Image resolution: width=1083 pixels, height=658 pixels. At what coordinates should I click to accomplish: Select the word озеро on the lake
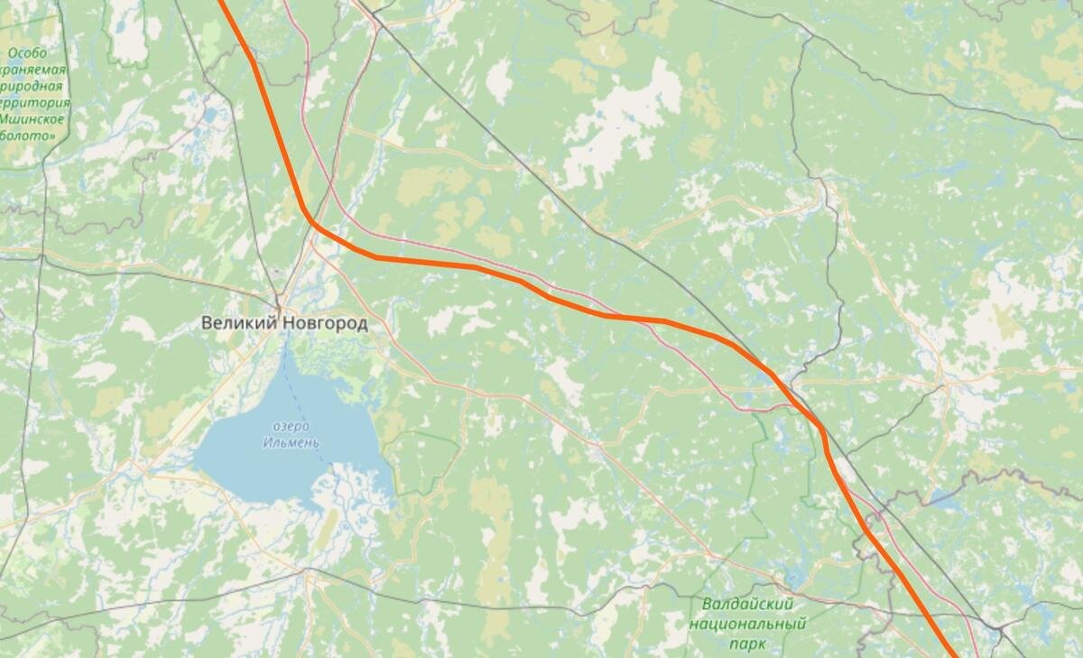point(291,426)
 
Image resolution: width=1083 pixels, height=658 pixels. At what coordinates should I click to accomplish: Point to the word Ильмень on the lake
point(291,442)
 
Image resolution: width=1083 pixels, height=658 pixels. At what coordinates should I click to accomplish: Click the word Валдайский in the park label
point(747,604)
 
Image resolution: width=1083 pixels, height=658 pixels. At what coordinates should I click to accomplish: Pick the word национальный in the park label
point(747,624)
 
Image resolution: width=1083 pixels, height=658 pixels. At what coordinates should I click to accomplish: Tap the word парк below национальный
point(747,644)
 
